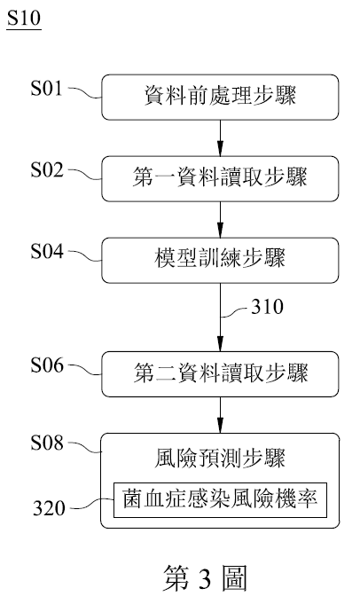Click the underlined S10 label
click(x=24, y=18)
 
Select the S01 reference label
click(x=46, y=88)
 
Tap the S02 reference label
click(x=47, y=169)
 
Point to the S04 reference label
click(x=47, y=251)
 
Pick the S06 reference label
click(x=47, y=365)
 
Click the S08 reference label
click(x=47, y=443)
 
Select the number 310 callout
click(x=267, y=307)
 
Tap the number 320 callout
click(x=49, y=508)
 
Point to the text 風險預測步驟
click(x=220, y=459)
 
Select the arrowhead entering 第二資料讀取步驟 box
click(x=220, y=345)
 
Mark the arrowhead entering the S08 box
click(x=220, y=427)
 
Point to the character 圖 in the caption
click(x=234, y=578)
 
